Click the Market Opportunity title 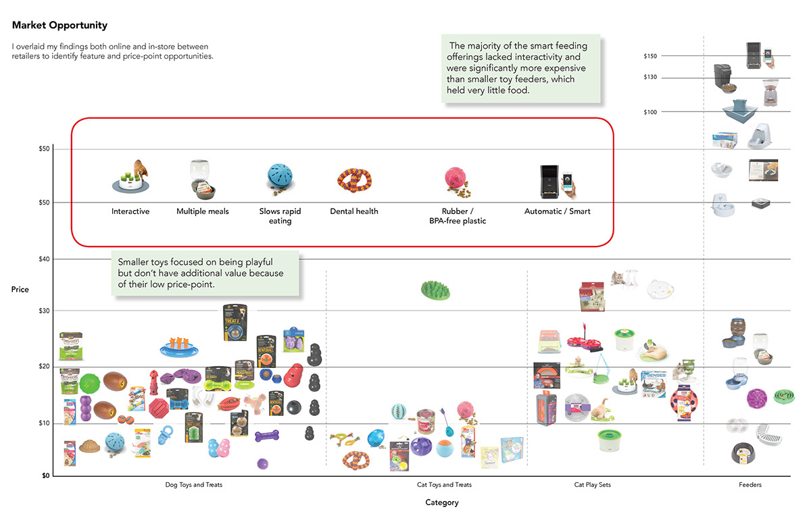point(59,26)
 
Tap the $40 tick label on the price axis point(44,259)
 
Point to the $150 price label point(650,56)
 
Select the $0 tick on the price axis point(44,475)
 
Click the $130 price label point(650,78)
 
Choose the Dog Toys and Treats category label point(194,485)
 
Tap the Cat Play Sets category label point(592,485)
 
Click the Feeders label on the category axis point(749,485)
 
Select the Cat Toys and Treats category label point(444,485)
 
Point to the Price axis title point(20,290)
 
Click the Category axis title point(442,502)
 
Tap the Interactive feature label point(130,211)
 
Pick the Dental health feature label point(354,211)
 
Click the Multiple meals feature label point(203,211)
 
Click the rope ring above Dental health point(355,180)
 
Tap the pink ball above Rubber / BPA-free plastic point(454,178)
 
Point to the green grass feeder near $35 point(435,290)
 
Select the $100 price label point(650,112)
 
